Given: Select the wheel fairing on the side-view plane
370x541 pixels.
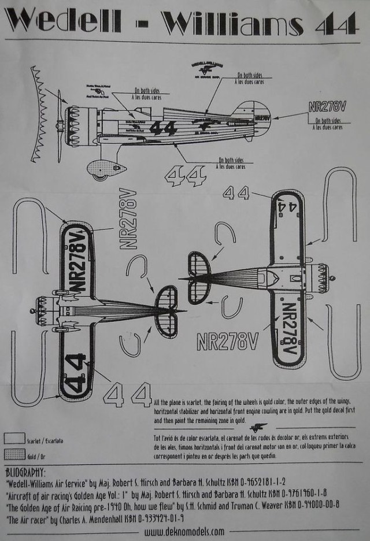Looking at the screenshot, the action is (106, 169).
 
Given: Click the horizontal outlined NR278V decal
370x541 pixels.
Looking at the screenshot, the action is (227, 341).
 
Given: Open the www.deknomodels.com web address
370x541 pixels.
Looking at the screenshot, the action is (186, 530).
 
